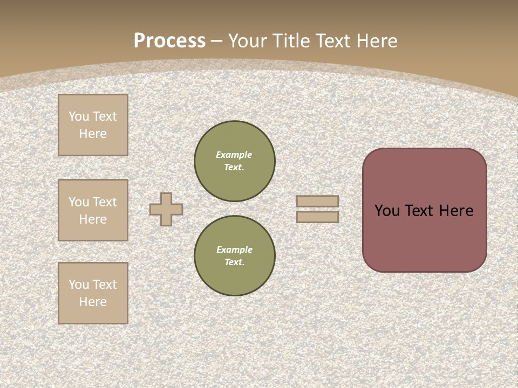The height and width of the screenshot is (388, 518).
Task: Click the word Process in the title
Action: (169, 41)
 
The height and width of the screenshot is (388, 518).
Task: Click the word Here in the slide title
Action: (376, 41)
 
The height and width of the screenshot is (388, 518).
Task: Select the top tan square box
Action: (93, 125)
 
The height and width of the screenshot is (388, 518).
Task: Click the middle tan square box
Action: (93, 210)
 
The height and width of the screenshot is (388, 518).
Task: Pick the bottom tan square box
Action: (93, 293)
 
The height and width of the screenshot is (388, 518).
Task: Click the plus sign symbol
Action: (166, 209)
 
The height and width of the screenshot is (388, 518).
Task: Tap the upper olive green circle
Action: (235, 161)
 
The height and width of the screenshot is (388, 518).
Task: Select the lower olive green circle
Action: (235, 256)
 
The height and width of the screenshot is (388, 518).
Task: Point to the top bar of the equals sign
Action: (317, 202)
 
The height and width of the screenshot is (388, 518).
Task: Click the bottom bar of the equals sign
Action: (317, 217)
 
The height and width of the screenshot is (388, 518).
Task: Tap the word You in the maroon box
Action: (387, 211)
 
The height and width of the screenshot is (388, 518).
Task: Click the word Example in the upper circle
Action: (234, 155)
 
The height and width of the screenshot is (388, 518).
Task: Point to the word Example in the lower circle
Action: (234, 250)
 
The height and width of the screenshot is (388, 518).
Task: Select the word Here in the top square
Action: (93, 134)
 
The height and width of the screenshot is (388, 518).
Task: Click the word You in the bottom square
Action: (79, 285)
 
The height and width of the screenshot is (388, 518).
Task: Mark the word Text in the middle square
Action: (105, 202)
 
